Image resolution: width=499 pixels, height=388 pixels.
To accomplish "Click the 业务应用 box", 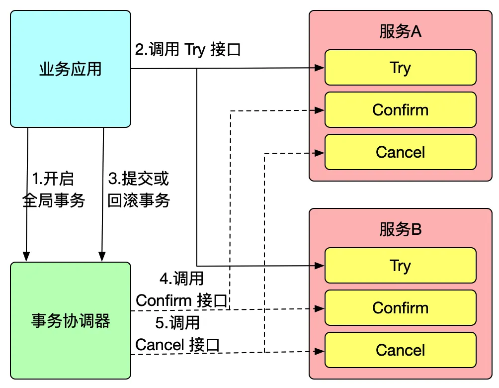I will tap(70, 69).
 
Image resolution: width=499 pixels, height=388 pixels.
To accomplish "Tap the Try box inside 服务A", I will tap(400, 67).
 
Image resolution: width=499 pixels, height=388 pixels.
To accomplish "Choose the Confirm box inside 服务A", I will tap(400, 109).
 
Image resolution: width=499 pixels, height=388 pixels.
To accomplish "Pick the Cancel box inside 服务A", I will tap(400, 152).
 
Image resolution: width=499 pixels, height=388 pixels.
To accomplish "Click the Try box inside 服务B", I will tap(400, 265).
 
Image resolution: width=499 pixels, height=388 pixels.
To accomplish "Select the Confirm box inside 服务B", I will tap(400, 307).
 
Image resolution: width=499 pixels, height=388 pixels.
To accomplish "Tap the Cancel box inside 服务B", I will tap(400, 350).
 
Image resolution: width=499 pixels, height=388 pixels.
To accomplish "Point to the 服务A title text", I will tap(400, 32).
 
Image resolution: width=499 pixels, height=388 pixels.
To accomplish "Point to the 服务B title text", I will tap(400, 229).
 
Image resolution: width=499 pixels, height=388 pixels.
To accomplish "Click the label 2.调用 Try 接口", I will tap(188, 50).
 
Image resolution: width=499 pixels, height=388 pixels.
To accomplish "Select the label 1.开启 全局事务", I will tap(53, 190).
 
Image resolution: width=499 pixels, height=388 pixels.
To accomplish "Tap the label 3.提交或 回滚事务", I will tap(139, 190).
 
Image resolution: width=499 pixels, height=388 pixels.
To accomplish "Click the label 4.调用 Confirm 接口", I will tap(181, 290).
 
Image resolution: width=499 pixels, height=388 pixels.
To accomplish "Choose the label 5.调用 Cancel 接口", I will tap(177, 333).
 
